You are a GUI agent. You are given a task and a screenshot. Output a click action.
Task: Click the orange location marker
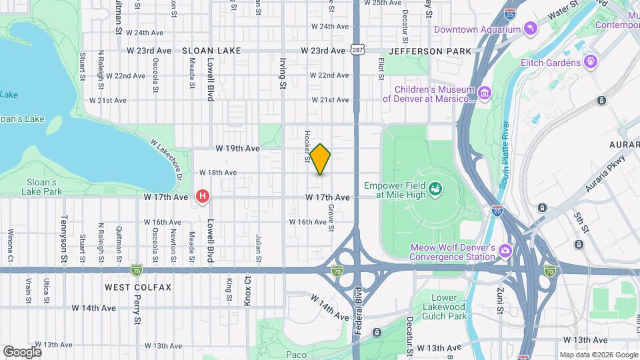(x=320, y=159)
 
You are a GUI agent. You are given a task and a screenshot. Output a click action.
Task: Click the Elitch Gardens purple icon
(x=590, y=62)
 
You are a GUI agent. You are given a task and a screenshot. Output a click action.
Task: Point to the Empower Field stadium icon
(x=435, y=190)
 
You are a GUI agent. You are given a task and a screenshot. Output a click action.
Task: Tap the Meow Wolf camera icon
(x=505, y=251)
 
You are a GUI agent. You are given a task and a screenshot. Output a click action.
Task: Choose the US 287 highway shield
(x=357, y=50)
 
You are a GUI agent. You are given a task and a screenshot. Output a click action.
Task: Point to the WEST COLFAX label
(x=138, y=287)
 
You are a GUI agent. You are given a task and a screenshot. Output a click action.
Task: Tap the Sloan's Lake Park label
(x=44, y=186)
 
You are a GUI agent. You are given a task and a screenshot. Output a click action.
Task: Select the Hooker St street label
(x=307, y=146)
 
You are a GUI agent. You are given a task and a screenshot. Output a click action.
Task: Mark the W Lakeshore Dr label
(x=167, y=159)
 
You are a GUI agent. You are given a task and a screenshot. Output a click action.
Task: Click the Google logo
(x=22, y=351)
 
